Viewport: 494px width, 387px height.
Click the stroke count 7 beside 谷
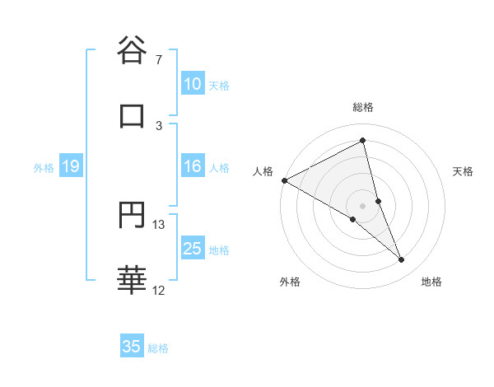[x=159, y=60]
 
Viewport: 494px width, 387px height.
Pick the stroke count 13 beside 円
[x=159, y=224]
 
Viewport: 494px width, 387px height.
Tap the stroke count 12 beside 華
[x=159, y=290]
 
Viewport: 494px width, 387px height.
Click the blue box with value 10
[x=193, y=84]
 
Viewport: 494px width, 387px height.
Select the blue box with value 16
[x=193, y=166]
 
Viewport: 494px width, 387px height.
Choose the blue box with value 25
[x=193, y=249]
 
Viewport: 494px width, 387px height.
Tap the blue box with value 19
[x=71, y=167]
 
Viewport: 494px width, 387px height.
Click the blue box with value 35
[x=132, y=347]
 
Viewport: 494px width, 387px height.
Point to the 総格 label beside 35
[x=158, y=348]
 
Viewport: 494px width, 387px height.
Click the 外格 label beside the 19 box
[x=44, y=168]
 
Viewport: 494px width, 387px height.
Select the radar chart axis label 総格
[x=363, y=107]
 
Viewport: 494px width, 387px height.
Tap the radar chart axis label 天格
[x=464, y=171]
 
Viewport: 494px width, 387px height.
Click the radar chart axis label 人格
[x=263, y=171]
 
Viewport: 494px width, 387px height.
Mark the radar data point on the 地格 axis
[x=402, y=260]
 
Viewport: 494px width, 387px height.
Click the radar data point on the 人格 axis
[x=284, y=180]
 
